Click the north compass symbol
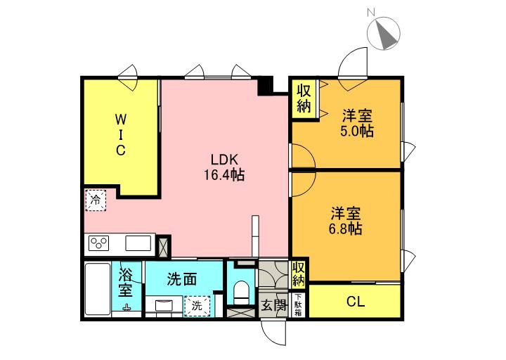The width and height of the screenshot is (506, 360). [384, 32]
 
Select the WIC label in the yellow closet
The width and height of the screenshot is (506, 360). [120, 134]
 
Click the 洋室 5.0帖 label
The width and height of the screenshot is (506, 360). [357, 122]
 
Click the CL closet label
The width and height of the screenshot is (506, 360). [356, 303]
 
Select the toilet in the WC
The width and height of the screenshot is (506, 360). [240, 291]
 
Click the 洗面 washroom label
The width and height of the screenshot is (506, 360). [181, 279]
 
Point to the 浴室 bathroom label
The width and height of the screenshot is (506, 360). [126, 281]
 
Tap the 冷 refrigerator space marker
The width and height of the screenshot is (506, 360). [95, 200]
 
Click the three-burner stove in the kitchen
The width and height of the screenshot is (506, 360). [99, 244]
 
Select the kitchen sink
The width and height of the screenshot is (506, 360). [138, 243]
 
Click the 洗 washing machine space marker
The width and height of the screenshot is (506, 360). [196, 306]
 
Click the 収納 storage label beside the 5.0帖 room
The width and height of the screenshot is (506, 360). [304, 98]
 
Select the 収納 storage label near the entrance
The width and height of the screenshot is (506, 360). [299, 273]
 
